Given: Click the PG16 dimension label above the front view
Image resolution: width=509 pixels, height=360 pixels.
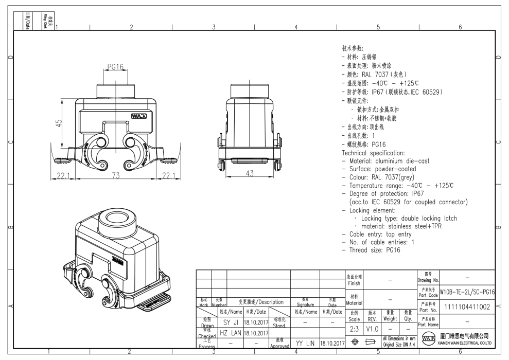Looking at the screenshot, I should pos(115,67).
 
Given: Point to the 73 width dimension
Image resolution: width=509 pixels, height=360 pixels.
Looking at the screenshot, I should pos(116,176).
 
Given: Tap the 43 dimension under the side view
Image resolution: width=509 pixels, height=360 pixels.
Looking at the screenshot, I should pos(250,174).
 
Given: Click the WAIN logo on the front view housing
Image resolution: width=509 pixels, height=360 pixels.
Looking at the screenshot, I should pos(139,116).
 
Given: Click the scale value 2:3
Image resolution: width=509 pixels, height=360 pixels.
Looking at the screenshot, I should pos(354,328).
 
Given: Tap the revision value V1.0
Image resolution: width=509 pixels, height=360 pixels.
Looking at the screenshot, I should pos(373,328).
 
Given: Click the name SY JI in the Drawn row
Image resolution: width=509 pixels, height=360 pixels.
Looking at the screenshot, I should pos(230,322).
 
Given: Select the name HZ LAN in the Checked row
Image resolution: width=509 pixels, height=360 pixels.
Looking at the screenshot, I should pos(230,333).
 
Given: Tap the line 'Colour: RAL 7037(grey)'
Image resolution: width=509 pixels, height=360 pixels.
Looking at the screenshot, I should pos(381,177).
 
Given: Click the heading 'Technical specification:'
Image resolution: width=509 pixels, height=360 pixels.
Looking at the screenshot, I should pos(374,153).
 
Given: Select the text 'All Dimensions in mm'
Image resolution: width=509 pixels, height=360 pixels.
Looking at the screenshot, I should pos(399,338).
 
